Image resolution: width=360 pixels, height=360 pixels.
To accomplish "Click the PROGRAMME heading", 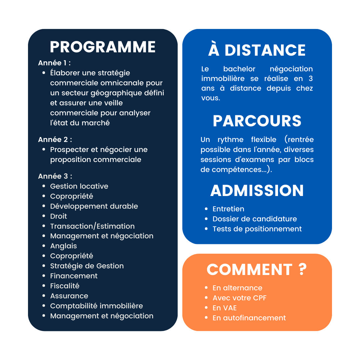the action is (103, 47).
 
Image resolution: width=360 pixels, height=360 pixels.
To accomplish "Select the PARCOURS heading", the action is (257, 121).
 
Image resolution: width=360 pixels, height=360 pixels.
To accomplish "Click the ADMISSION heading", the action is (257, 190).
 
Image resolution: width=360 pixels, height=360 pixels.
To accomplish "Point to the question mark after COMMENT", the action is (303, 269).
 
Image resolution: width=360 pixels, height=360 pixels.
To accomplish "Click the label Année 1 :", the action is (54, 63).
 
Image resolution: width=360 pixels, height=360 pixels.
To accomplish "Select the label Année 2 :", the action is (55, 140).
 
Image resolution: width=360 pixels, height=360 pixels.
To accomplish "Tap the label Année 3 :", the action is (55, 176).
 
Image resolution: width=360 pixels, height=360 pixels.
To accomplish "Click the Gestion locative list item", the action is (79, 186).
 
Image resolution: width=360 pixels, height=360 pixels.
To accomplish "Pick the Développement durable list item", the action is (94, 206).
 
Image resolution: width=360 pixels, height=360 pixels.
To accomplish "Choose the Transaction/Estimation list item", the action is (93, 226).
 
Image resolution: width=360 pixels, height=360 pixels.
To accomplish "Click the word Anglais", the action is (64, 246).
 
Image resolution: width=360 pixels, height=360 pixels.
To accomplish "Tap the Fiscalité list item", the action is (65, 286).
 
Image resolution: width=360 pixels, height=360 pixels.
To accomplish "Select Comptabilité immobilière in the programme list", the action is (96, 306).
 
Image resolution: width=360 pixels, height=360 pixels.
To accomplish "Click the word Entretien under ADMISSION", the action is (228, 209).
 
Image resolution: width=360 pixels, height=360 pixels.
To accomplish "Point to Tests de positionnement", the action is (257, 229).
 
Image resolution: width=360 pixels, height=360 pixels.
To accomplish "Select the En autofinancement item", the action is (249, 318).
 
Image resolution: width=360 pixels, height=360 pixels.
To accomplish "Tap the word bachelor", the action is (239, 69).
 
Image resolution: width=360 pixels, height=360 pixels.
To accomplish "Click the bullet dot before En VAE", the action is (206, 308).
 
